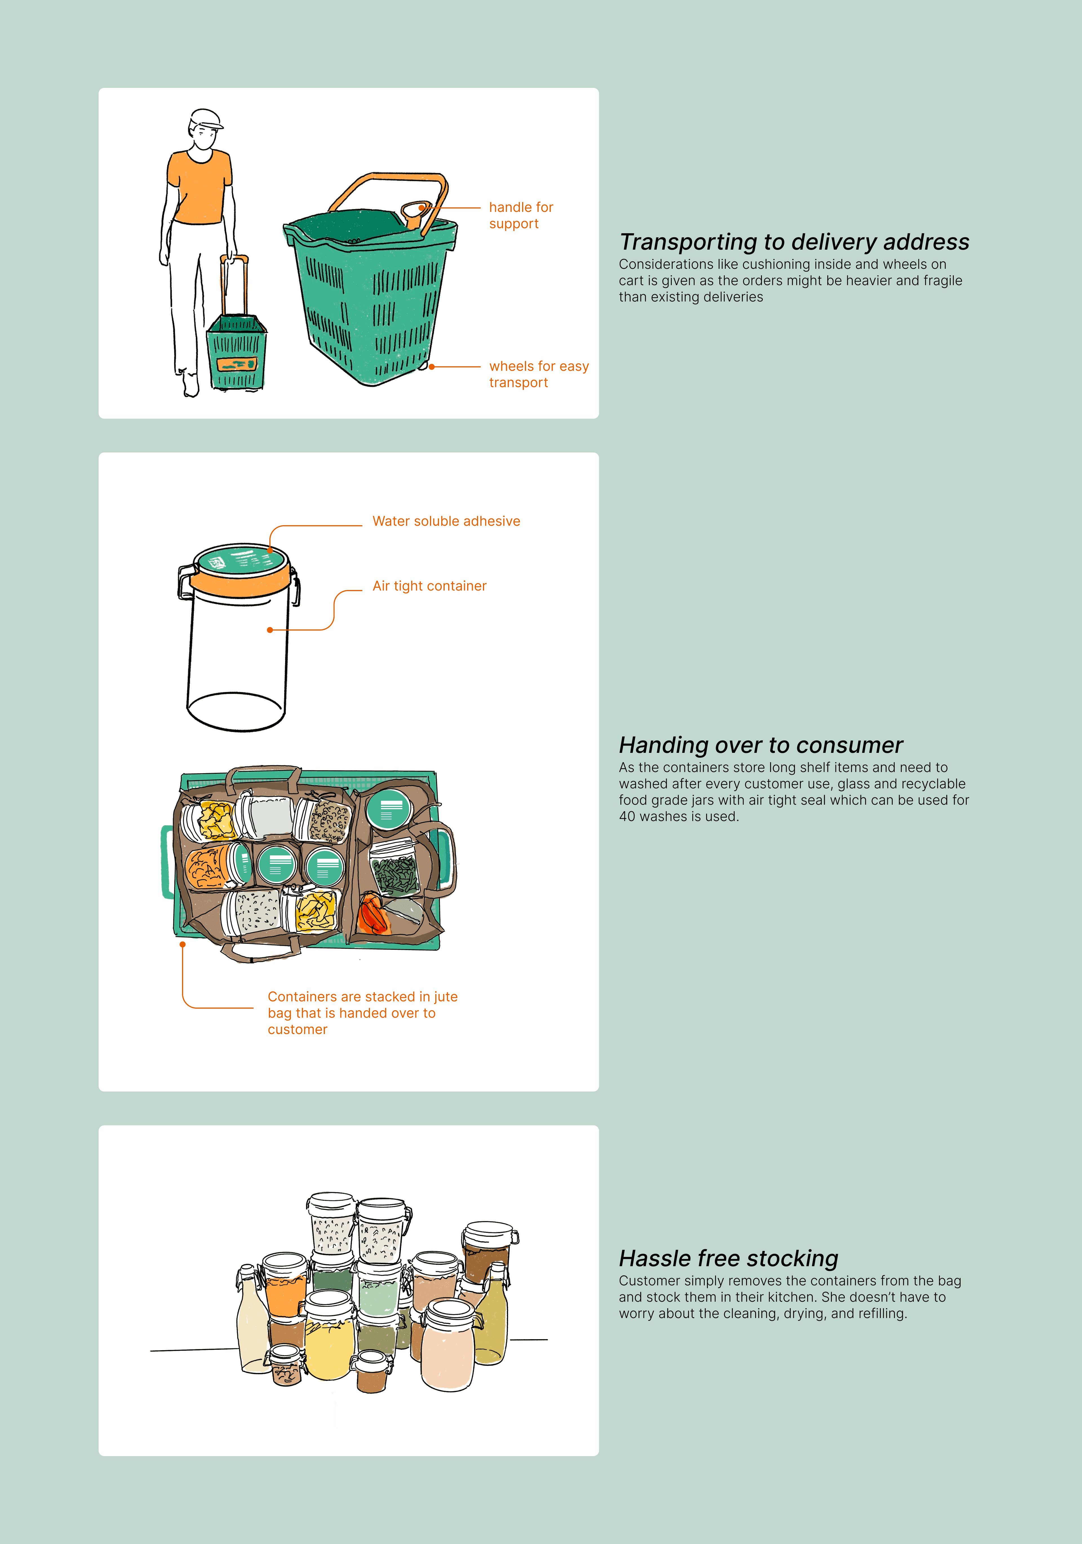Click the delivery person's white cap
(206, 119)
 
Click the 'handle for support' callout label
(521, 215)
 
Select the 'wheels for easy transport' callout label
(539, 374)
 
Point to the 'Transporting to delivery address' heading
(794, 241)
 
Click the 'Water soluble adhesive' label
(447, 521)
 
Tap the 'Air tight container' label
(430, 586)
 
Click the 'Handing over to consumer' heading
(760, 745)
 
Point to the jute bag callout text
(362, 1013)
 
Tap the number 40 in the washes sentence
(628, 817)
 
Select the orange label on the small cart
(236, 365)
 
